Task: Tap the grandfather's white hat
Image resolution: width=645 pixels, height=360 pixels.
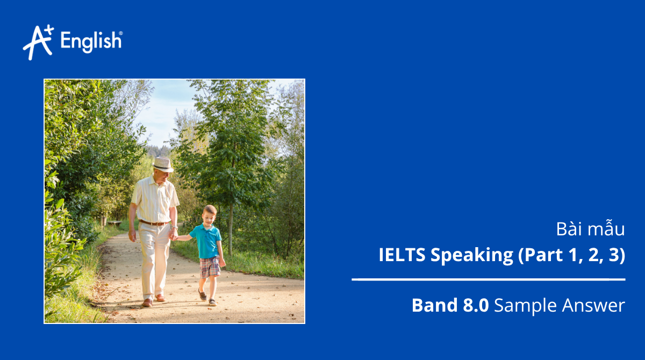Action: (162, 164)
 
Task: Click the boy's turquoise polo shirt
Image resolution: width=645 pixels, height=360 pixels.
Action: (206, 241)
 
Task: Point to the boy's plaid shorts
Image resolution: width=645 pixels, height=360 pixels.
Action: (210, 267)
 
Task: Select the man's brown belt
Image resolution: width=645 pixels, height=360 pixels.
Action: (154, 222)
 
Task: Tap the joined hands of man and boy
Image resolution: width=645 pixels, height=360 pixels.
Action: (173, 235)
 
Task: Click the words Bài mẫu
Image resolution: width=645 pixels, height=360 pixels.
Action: (591, 229)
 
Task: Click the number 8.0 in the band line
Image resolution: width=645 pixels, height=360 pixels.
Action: (475, 305)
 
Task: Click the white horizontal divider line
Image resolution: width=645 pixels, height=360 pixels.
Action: (488, 279)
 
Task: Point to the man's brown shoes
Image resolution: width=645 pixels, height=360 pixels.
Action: (153, 300)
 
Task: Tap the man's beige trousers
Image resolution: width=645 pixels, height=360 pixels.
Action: (153, 258)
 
